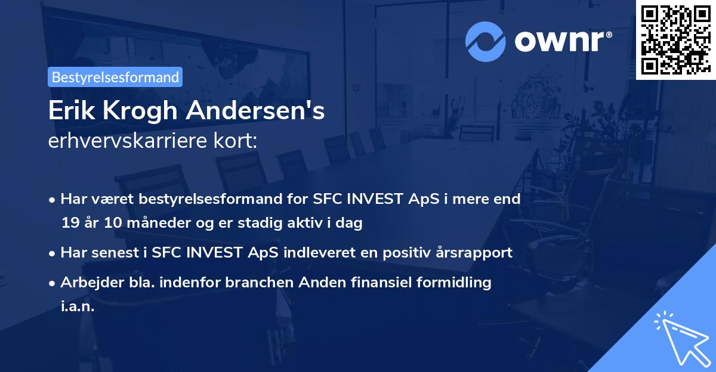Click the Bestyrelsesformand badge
pyautogui.click(x=115, y=77)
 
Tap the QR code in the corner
pyautogui.click(x=675, y=39)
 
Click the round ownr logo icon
pyautogui.click(x=486, y=41)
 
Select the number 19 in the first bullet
pyautogui.click(x=70, y=223)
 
